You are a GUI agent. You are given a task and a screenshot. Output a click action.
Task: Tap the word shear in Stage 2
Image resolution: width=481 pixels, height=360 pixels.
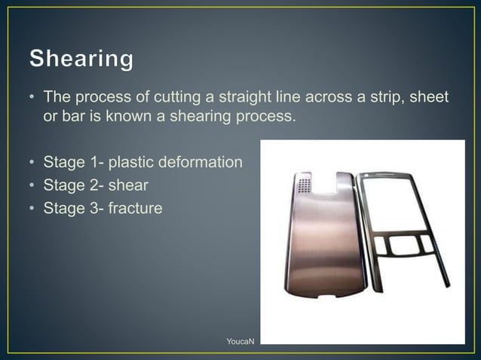130,184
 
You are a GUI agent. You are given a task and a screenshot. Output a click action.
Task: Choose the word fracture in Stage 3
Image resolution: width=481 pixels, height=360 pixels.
135,206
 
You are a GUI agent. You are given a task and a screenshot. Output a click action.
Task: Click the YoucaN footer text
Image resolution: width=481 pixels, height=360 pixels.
240,342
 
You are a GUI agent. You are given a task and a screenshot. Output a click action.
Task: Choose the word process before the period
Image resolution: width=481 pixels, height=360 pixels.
262,117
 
